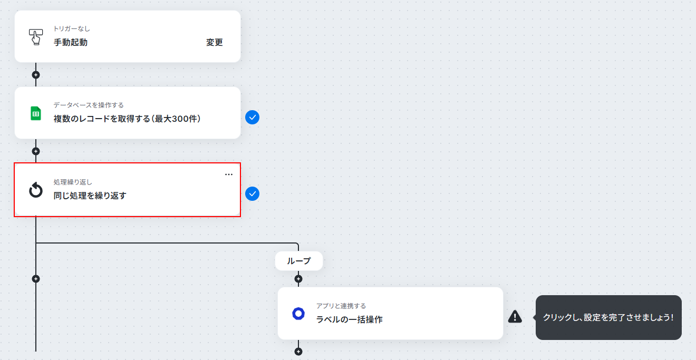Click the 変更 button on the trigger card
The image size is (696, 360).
click(x=215, y=42)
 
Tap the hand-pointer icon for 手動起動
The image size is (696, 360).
click(x=36, y=37)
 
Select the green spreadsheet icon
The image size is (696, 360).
click(x=36, y=113)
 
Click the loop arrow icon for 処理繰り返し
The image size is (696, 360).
click(x=36, y=190)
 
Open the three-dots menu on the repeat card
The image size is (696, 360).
click(x=229, y=174)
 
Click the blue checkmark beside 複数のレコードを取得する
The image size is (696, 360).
click(x=252, y=118)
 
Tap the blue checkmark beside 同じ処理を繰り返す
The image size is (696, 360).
click(x=252, y=194)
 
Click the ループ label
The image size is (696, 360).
click(x=298, y=261)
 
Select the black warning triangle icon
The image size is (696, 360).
click(x=515, y=317)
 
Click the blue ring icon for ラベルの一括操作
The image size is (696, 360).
click(x=298, y=314)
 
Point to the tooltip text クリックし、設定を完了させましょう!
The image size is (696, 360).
click(x=608, y=317)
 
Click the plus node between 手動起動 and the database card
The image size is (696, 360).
click(x=36, y=75)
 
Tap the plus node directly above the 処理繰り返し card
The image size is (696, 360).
click(x=36, y=151)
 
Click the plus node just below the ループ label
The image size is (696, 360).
click(x=298, y=279)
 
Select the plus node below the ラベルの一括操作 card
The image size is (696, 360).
click(x=298, y=352)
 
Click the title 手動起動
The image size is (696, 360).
click(x=71, y=42)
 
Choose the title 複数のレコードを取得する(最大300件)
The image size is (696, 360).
click(x=127, y=119)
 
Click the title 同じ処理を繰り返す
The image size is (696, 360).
click(x=90, y=196)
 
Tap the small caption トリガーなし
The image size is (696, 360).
click(x=72, y=29)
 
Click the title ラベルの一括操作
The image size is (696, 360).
click(x=349, y=319)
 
